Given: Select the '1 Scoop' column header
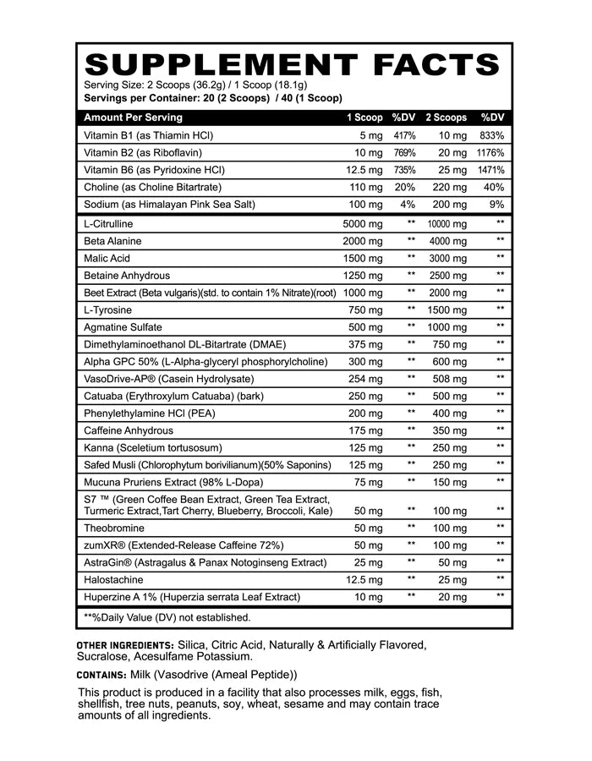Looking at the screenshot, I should tap(365, 118).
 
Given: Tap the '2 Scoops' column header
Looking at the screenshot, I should tap(446, 118).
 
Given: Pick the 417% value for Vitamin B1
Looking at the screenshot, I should tap(404, 135).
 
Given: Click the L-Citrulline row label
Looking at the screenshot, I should tap(109, 224).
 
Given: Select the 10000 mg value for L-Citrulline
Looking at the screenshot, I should tap(447, 224).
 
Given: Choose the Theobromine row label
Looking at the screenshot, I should tap(115, 528).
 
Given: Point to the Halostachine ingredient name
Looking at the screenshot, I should tap(114, 579).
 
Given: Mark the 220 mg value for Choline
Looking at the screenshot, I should tap(448, 187).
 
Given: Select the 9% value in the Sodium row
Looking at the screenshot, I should tap(496, 204).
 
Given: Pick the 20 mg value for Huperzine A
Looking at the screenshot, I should tap(451, 597).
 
